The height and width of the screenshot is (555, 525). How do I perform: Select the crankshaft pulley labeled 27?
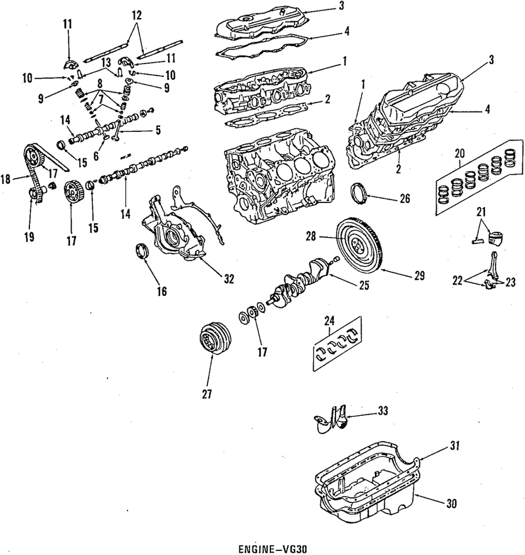click(x=214, y=339)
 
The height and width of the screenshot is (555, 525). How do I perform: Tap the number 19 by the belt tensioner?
click(x=29, y=237)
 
